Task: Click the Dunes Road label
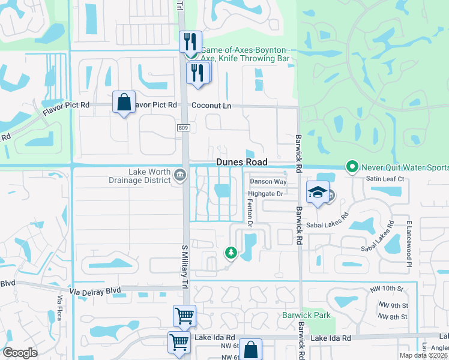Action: pyautogui.click(x=241, y=163)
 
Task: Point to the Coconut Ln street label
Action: pyautogui.click(x=211, y=105)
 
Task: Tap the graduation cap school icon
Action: pyautogui.click(x=318, y=192)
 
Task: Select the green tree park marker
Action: pyautogui.click(x=231, y=253)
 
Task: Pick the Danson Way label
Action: pyautogui.click(x=268, y=181)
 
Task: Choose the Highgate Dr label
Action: pyautogui.click(x=265, y=193)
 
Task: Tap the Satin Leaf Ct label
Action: pyautogui.click(x=386, y=179)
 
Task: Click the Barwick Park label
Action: pyautogui.click(x=307, y=314)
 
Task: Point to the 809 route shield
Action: pyautogui.click(x=184, y=128)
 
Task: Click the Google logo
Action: pyautogui.click(x=20, y=353)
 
